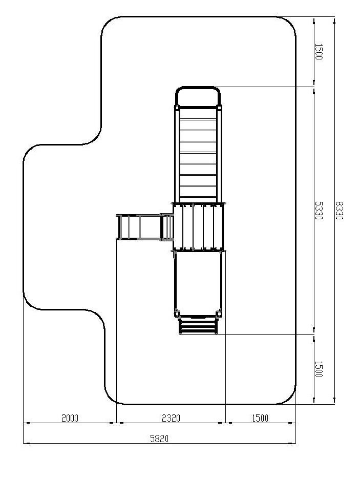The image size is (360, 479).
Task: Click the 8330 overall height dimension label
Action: tap(339, 211)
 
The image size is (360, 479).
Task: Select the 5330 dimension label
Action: tap(319, 211)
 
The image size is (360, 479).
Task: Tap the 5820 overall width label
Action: tap(159, 439)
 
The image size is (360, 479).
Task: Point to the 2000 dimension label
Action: tap(70, 418)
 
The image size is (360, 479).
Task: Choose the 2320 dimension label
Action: tap(171, 418)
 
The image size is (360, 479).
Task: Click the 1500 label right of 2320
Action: tap(260, 418)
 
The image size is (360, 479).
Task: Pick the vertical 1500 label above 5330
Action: tap(319, 52)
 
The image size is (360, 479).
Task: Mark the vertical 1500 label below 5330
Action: tap(319, 369)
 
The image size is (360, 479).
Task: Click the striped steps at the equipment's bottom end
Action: tap(198, 326)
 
